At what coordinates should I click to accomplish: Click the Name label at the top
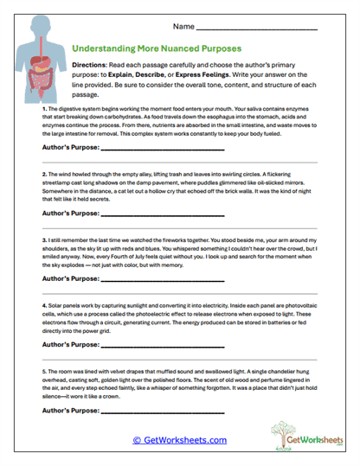pos(183,27)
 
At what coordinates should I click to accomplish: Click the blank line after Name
pos(257,29)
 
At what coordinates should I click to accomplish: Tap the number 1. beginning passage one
pos(44,110)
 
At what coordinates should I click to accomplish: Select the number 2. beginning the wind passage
pos(44,174)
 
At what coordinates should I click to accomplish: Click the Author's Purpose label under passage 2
pos(70,212)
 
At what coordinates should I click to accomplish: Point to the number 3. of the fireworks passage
pos(44,238)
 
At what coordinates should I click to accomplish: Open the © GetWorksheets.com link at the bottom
pos(179,440)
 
